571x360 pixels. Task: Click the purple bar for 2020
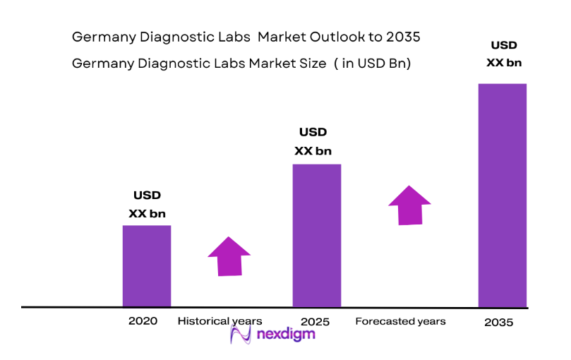pyautogui.click(x=147, y=266)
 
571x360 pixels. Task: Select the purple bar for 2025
pyautogui.click(x=317, y=236)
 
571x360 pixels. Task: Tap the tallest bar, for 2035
pyautogui.click(x=503, y=196)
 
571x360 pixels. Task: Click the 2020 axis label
pyautogui.click(x=143, y=320)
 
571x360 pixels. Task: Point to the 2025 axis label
pyautogui.click(x=314, y=322)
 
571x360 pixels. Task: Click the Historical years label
pyautogui.click(x=220, y=321)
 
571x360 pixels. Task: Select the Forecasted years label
pyautogui.click(x=400, y=321)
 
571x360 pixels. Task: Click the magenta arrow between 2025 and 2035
pyautogui.click(x=409, y=205)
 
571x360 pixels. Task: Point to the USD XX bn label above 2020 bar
pyautogui.click(x=147, y=204)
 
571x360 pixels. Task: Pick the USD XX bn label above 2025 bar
pyautogui.click(x=313, y=141)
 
